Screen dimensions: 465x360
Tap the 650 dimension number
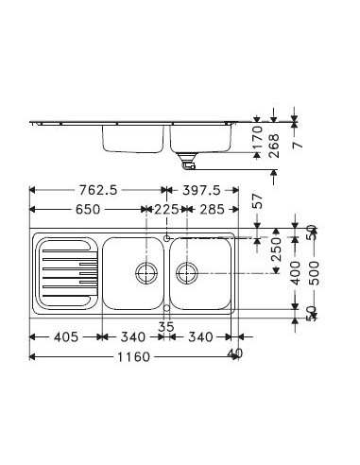tap(83, 210)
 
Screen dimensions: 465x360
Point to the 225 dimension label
tap(166, 210)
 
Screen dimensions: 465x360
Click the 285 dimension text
tap(214, 210)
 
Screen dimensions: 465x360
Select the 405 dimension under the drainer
tap(64, 336)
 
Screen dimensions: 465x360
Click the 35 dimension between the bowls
tap(166, 326)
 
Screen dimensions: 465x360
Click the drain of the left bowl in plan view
tap(146, 273)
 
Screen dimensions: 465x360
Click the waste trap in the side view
tap(189, 163)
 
